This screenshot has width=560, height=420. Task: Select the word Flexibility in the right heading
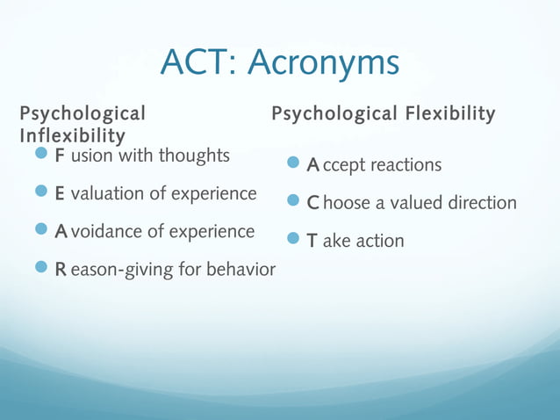pos(450,114)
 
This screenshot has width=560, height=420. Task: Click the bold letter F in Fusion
pos(60,156)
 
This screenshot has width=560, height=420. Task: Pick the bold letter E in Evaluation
pos(60,193)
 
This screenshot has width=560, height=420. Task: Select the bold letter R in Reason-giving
pos(61,269)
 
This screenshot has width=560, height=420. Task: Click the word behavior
pos(239,269)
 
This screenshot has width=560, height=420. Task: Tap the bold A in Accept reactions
pos(312,165)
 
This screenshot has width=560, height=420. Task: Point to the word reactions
pos(406,165)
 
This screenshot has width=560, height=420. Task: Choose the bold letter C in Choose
pos(312,203)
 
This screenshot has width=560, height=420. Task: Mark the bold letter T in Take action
pos(312,241)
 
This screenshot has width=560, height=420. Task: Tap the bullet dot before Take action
pos(293,239)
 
